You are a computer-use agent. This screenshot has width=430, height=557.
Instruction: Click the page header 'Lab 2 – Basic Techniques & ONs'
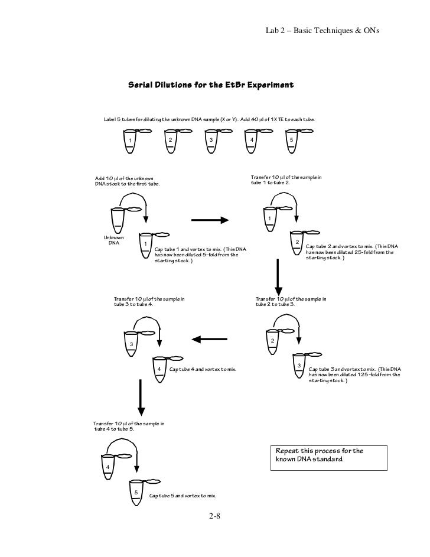click(x=322, y=31)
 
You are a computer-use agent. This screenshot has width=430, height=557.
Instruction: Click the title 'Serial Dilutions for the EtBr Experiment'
click(x=211, y=85)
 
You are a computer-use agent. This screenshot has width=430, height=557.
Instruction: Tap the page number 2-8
click(x=214, y=516)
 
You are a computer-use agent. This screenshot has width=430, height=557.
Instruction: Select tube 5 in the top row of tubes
click(x=292, y=141)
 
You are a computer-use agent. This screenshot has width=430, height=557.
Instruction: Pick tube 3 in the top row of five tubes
click(x=211, y=141)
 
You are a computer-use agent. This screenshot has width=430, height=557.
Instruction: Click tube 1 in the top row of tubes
click(x=130, y=141)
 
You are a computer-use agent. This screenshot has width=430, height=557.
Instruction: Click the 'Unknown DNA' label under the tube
click(x=113, y=240)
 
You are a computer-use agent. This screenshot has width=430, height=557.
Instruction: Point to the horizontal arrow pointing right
click(x=210, y=220)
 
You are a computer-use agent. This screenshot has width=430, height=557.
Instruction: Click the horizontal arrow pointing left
click(x=210, y=339)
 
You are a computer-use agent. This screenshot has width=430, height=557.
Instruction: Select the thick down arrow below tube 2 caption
click(x=279, y=278)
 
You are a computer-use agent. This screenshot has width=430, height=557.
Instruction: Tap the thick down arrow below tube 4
click(x=141, y=398)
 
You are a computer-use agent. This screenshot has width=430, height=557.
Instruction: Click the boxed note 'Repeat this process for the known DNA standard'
click(x=329, y=458)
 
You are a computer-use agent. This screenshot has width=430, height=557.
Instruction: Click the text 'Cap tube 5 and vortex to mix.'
click(x=183, y=496)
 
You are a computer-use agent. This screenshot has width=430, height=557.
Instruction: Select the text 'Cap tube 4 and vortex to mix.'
click(x=203, y=369)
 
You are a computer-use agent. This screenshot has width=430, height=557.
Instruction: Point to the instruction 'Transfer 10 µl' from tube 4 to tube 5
click(x=129, y=426)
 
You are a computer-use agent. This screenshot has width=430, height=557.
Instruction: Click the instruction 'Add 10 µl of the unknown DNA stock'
click(x=128, y=181)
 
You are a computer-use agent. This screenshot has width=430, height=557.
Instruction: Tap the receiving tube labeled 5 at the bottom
click(x=136, y=493)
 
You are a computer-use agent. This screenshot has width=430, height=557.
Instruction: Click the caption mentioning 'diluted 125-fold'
click(x=355, y=374)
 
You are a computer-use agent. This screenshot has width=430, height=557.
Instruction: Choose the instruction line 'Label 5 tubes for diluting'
click(x=209, y=119)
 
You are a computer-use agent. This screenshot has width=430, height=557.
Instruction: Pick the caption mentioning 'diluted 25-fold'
click(x=352, y=252)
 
